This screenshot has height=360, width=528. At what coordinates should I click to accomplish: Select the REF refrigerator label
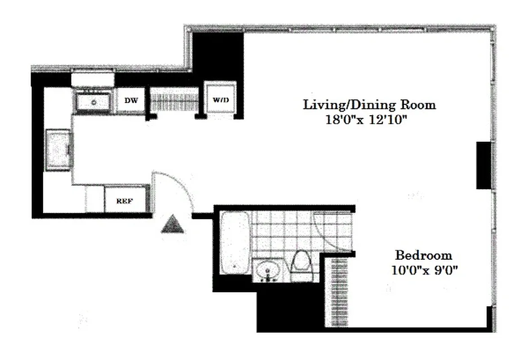click(x=125, y=201)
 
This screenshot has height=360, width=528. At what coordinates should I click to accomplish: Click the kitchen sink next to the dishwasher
click(x=94, y=102)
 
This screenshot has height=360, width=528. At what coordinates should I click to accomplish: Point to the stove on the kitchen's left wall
click(x=58, y=149)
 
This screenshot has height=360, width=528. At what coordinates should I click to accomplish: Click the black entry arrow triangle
click(x=173, y=224)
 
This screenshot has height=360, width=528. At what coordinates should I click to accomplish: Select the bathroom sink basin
click(x=268, y=270)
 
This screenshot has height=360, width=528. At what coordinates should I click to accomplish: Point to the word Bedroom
click(x=423, y=256)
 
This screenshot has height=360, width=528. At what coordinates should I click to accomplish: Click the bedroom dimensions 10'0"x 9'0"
click(x=423, y=271)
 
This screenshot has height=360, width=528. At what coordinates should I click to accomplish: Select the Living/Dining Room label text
click(x=369, y=105)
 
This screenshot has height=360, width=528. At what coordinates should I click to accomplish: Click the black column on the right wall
click(x=483, y=165)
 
